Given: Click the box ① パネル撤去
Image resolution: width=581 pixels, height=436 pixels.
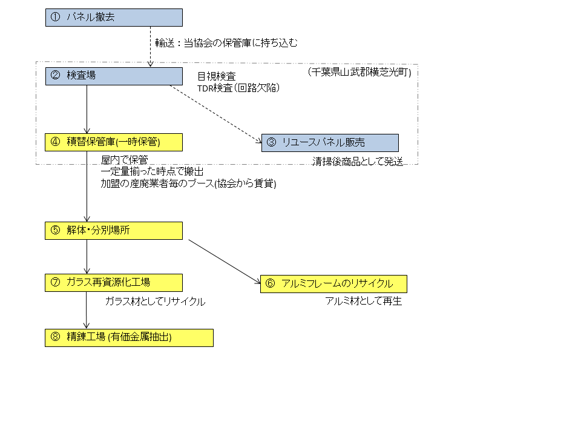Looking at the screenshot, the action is (114, 18).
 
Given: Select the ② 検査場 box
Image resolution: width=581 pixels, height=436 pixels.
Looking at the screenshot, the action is (114, 76).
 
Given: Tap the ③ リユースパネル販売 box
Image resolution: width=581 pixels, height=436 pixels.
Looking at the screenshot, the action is (330, 143).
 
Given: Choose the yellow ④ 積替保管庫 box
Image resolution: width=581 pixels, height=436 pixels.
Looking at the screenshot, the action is (113, 142).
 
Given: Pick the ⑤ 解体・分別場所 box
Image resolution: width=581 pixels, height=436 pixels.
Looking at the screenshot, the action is (113, 231).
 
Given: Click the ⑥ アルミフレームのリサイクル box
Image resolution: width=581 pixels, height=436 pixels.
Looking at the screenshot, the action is (333, 284).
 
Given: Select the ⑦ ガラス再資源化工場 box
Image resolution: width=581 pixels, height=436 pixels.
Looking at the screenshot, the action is (113, 283).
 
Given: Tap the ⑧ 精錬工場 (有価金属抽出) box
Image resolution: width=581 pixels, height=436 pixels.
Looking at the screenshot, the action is (129, 338).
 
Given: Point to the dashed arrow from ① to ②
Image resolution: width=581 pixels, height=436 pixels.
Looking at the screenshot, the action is (151, 47).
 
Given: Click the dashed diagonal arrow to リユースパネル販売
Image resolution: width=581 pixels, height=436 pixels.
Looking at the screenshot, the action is (215, 114).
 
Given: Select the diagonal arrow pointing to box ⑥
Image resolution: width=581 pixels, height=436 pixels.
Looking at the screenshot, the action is (225, 262).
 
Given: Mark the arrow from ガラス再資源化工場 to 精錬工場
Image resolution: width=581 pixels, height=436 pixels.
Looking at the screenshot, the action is (87, 310).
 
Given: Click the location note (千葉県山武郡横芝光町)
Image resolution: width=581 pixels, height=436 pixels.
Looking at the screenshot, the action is (359, 72).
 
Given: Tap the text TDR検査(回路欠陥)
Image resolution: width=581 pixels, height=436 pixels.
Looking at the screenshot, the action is (238, 88).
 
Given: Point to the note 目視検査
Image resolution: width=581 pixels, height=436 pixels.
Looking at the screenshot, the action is (217, 76).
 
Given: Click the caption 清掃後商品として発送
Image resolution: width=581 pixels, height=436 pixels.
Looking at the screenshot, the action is (358, 162).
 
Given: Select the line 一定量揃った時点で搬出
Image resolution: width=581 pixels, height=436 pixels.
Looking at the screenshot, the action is (152, 171).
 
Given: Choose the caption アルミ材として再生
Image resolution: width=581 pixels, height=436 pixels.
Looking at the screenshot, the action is (364, 301).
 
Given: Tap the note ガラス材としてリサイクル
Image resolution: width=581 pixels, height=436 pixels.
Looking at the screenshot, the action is (155, 302).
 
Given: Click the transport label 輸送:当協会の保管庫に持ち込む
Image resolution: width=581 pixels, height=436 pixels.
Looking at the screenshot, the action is (226, 43).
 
